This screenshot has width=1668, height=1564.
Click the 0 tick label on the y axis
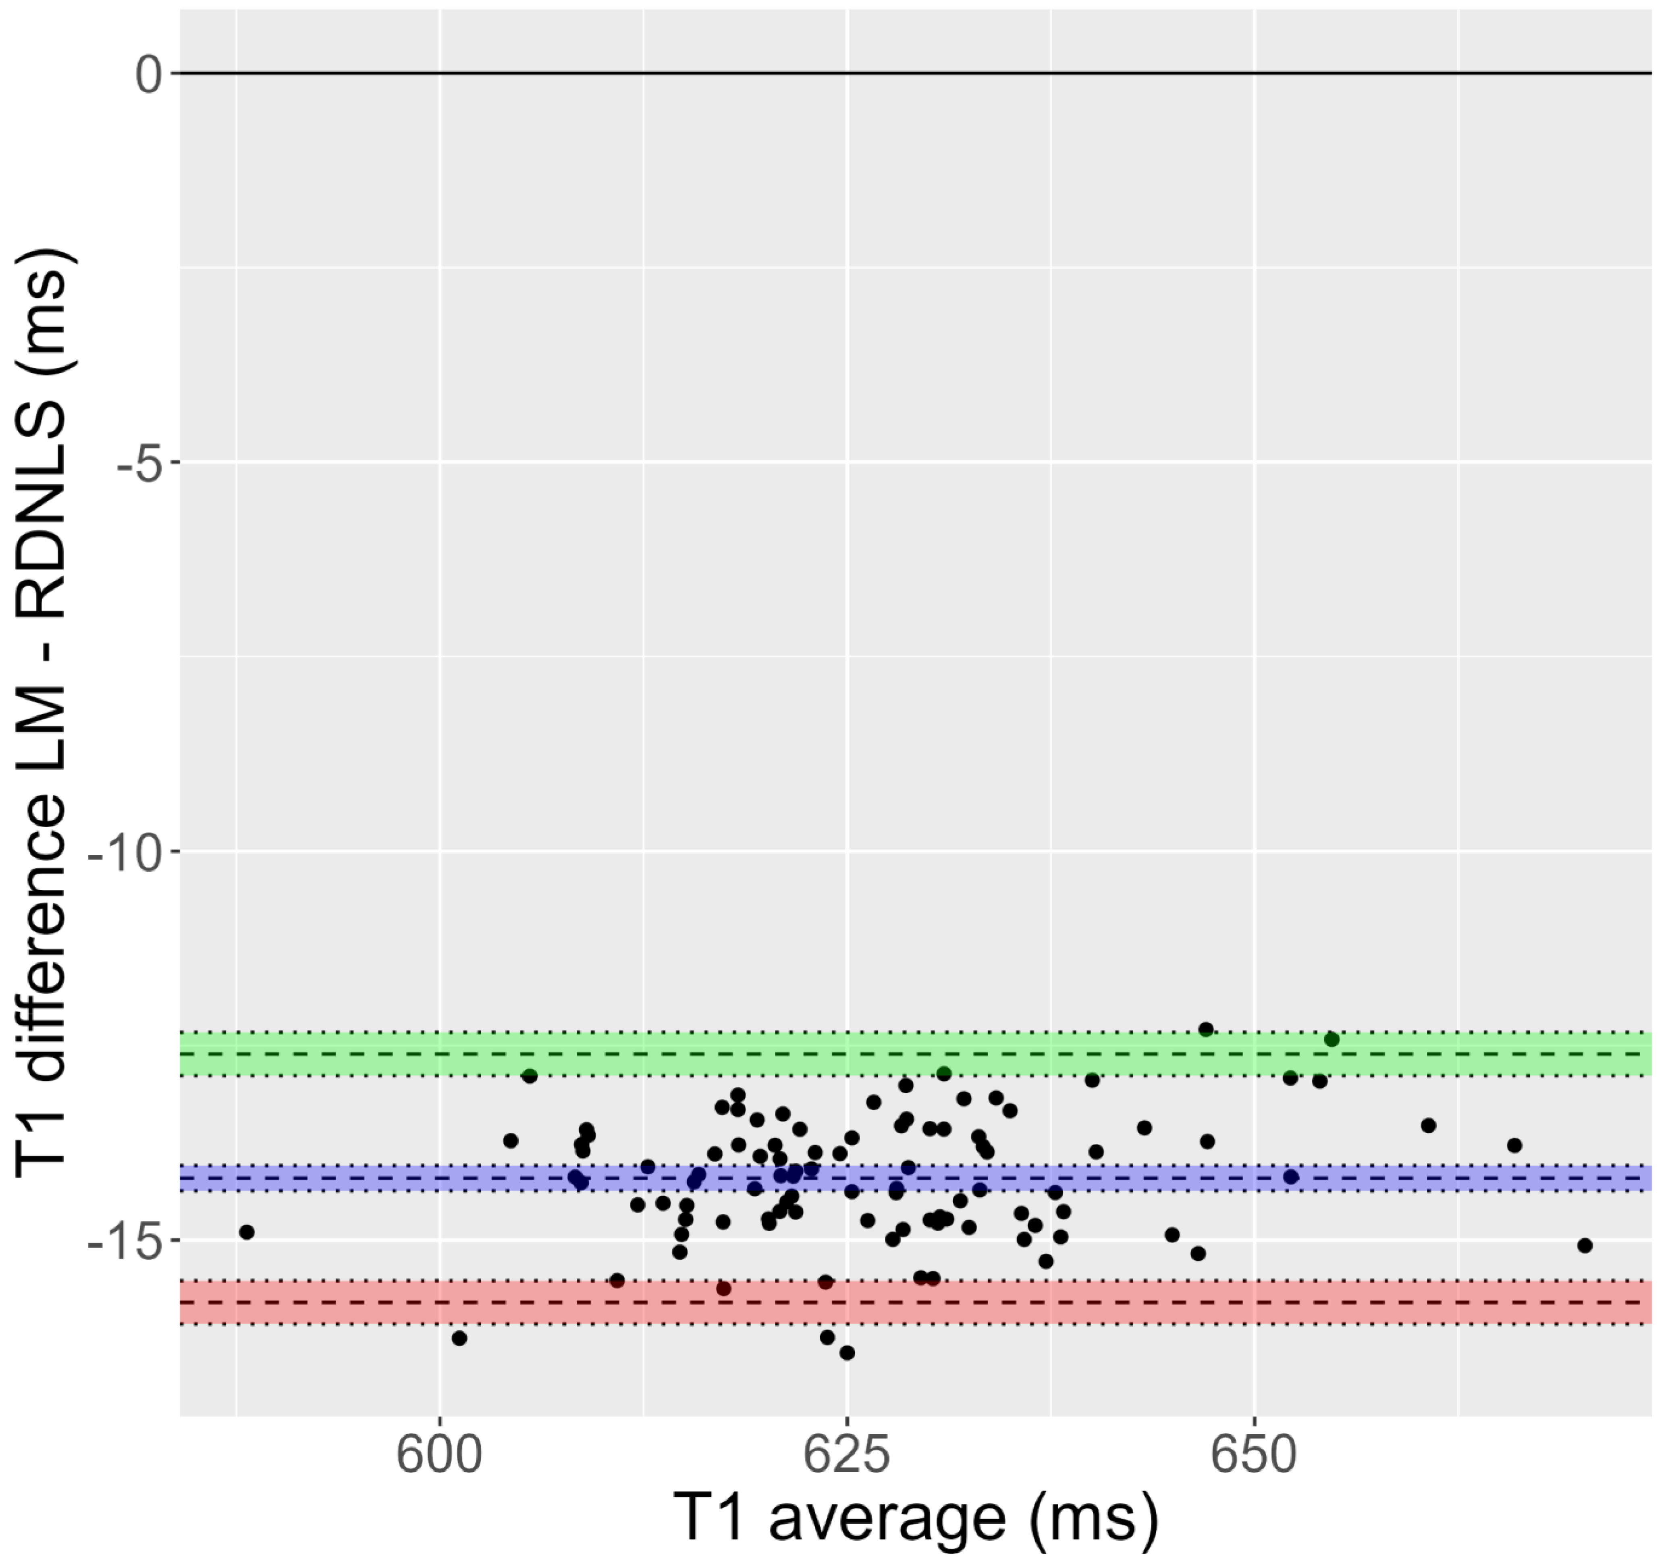150,75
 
